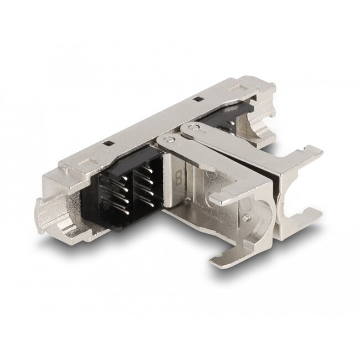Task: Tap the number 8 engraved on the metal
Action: tap(179, 179)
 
